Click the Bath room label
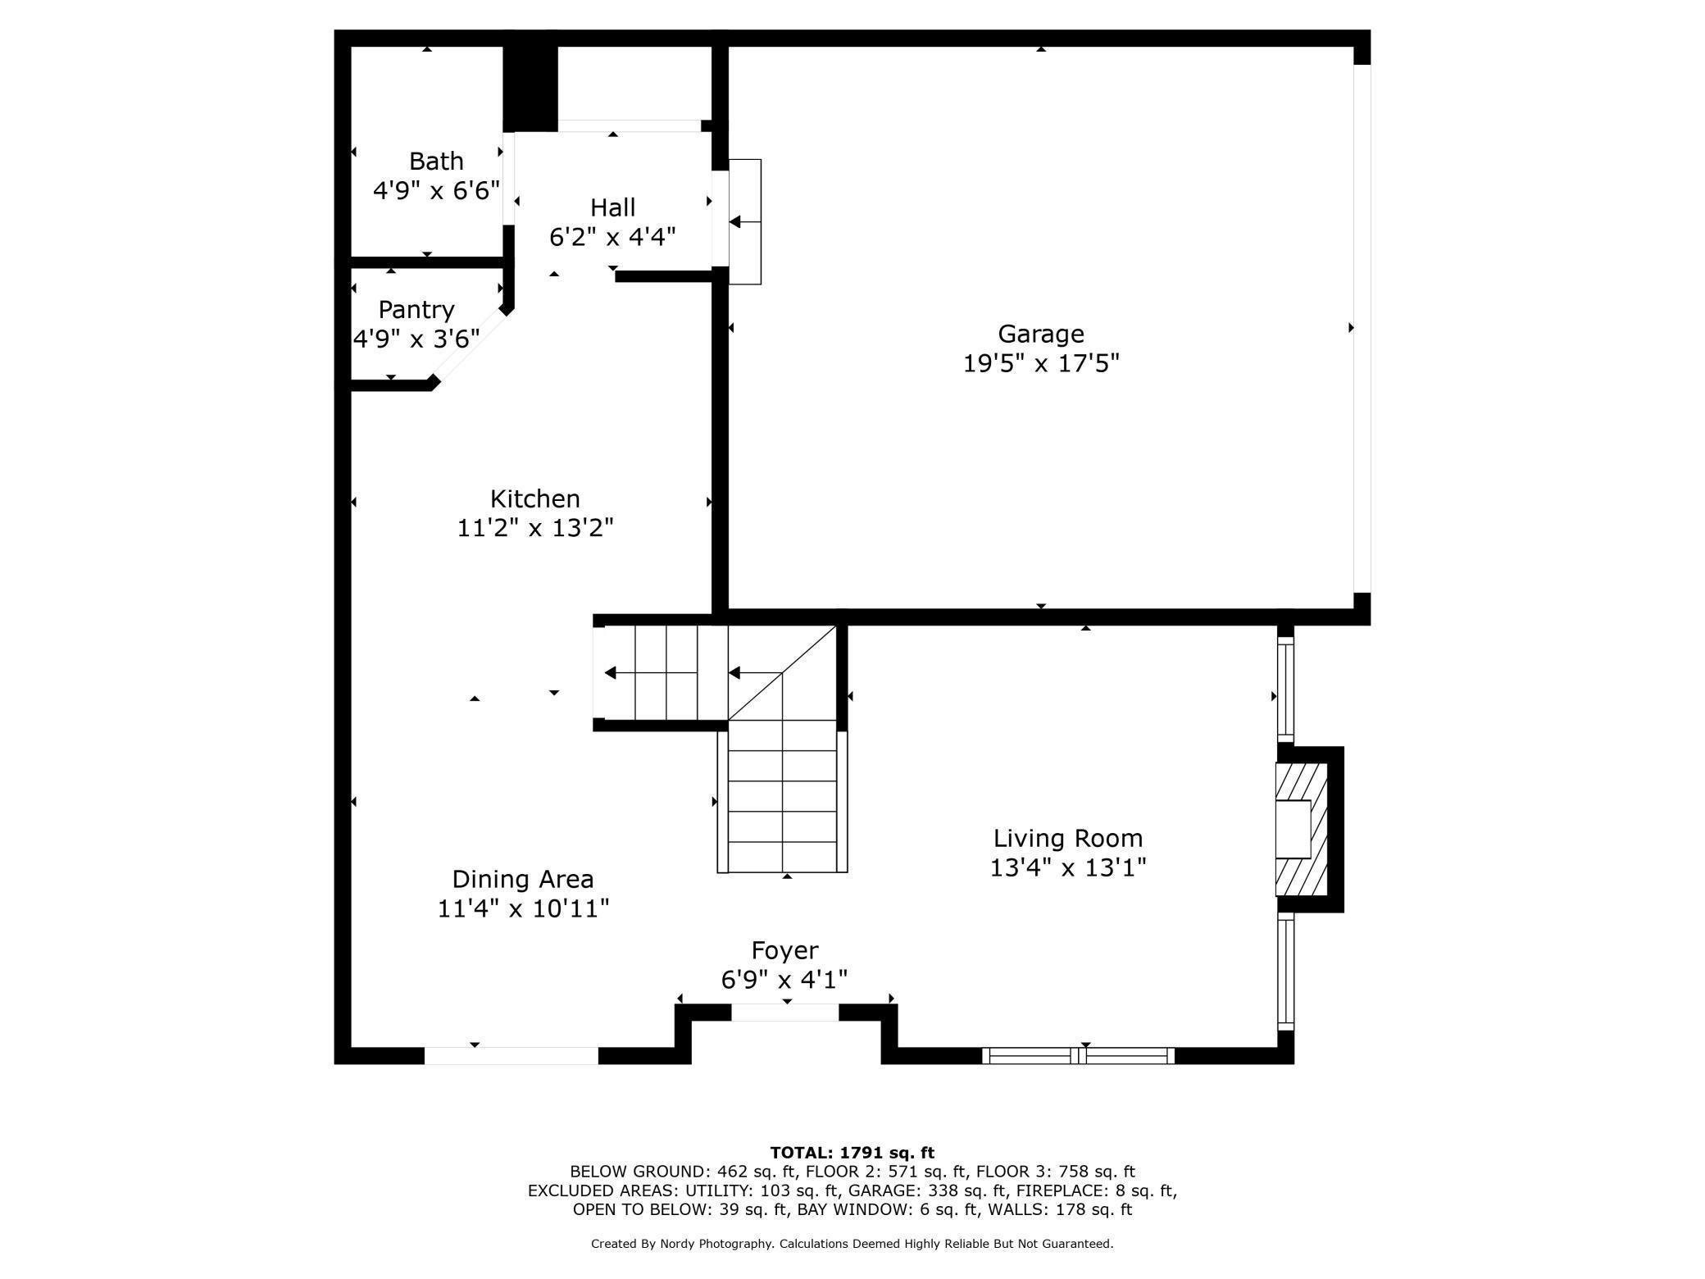(x=436, y=162)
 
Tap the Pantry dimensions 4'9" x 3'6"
(x=416, y=339)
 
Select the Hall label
(x=612, y=207)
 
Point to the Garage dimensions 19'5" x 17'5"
(x=1040, y=363)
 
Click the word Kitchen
(x=534, y=498)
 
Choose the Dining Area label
(x=522, y=880)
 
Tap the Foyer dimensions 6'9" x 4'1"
(x=784, y=980)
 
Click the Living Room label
(x=1067, y=839)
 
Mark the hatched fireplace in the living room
(x=1301, y=830)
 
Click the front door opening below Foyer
(x=784, y=1013)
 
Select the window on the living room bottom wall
(x=1078, y=1056)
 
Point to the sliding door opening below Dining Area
(x=511, y=1056)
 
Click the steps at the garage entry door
(x=745, y=222)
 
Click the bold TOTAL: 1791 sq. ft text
(x=852, y=1153)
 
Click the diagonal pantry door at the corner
(x=469, y=346)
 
